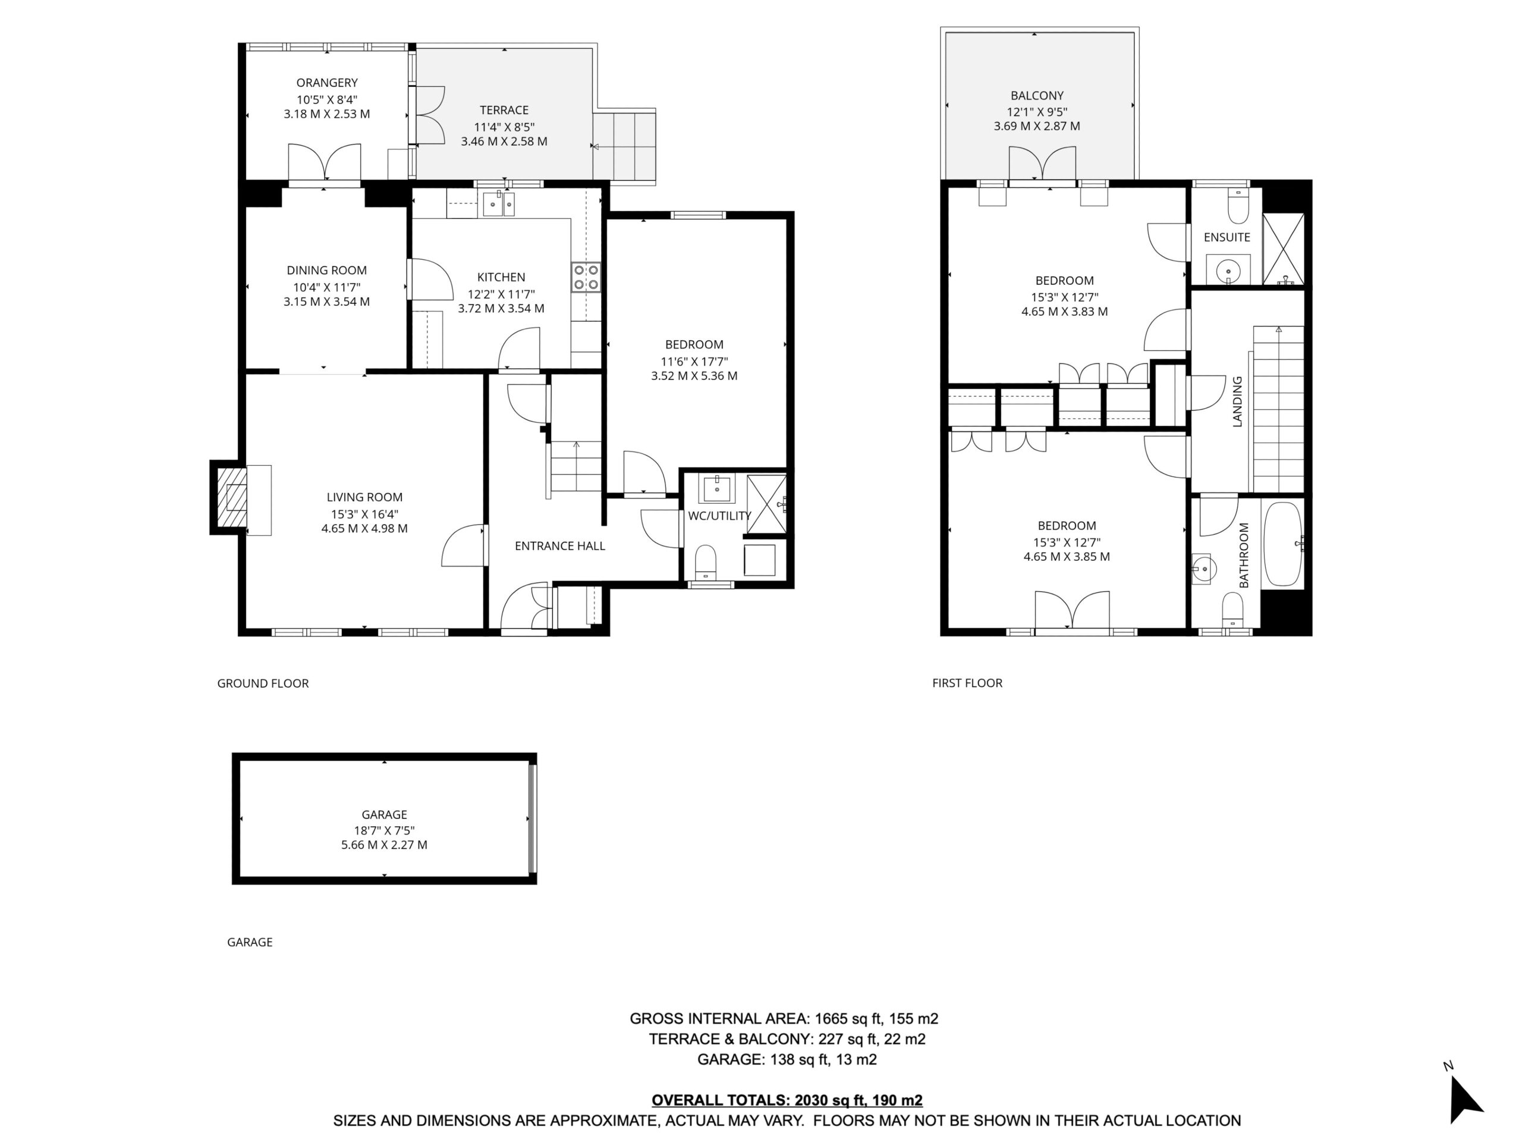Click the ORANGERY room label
click(327, 83)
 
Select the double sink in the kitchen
click(498, 205)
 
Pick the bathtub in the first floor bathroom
click(1283, 544)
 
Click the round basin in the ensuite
click(1228, 271)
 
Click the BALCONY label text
click(1037, 96)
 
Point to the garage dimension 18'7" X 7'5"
click(384, 830)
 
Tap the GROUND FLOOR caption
click(263, 683)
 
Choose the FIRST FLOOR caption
click(967, 683)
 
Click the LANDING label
click(1237, 401)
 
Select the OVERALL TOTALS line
click(787, 1100)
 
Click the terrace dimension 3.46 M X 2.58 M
click(504, 142)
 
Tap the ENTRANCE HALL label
click(560, 546)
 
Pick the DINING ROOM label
click(327, 271)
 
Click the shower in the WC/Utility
click(766, 504)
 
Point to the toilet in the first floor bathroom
click(1232, 610)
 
